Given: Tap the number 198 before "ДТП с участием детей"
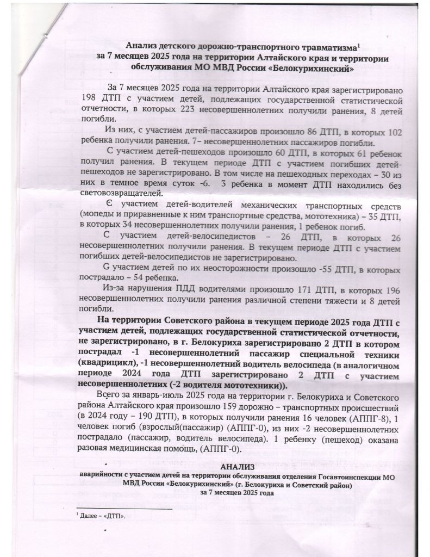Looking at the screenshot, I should pyautogui.click(x=89, y=100).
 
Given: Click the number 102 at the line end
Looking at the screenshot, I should pyautogui.click(x=392, y=132).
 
